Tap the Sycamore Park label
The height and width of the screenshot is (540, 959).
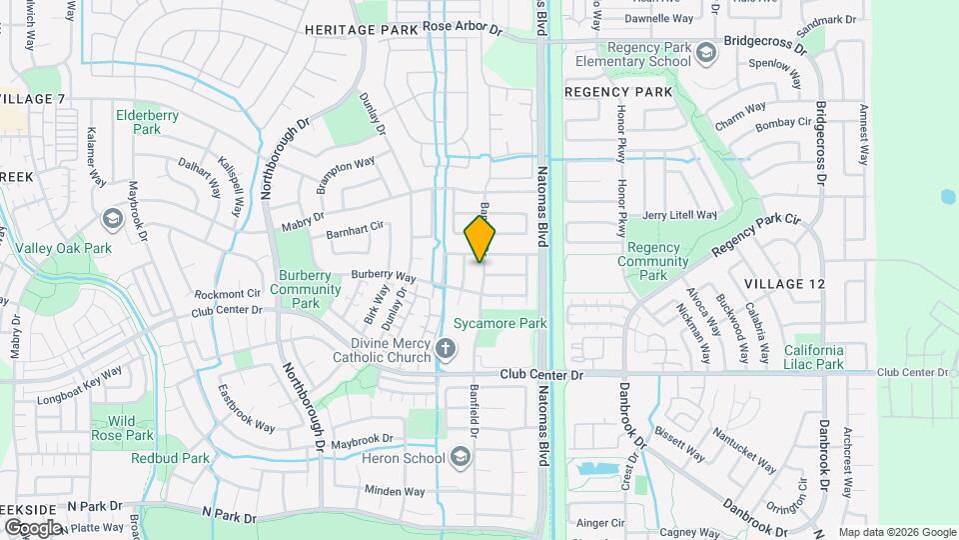pos(514,324)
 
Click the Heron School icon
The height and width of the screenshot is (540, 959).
pos(461,458)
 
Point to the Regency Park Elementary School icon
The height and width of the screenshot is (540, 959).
pos(706,51)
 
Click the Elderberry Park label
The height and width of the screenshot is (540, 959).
pos(147,122)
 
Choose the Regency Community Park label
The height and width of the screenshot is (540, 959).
pos(653,261)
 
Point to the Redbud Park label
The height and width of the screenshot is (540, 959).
pos(170,458)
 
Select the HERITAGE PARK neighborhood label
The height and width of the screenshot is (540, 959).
pos(361,30)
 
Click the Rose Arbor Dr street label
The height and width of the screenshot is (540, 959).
pos(462,28)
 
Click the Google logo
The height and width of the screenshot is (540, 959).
pos(33,527)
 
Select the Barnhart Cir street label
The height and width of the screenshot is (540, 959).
pos(355,231)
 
